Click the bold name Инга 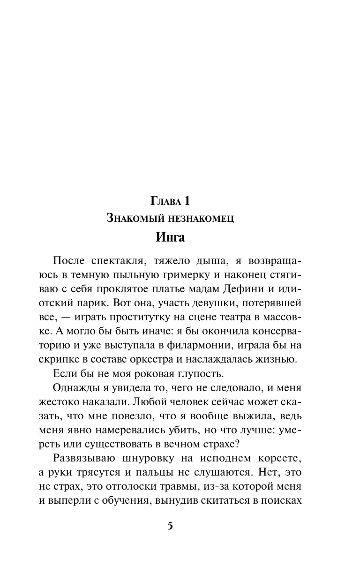(170, 237)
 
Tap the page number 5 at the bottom (170, 526)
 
